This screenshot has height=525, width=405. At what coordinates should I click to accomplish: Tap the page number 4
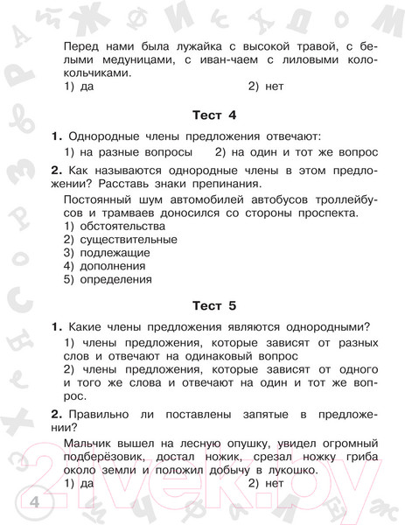click(10, 502)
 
